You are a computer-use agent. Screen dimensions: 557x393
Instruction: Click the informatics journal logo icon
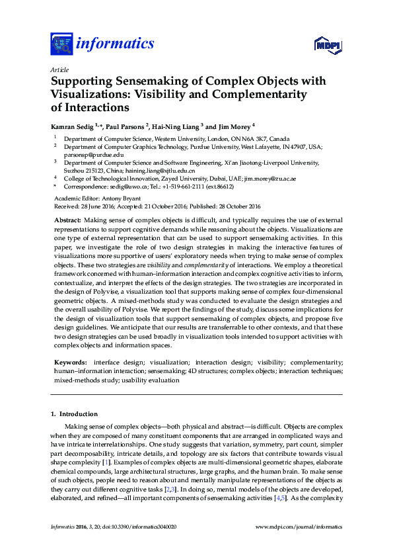click(x=61, y=44)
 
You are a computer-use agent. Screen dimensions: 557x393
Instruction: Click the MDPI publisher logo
click(x=328, y=45)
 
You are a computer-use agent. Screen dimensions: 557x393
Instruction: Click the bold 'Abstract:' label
click(x=67, y=219)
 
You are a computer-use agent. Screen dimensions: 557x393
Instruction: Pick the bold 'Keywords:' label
click(x=69, y=363)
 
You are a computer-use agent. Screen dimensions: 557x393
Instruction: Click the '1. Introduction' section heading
click(x=75, y=414)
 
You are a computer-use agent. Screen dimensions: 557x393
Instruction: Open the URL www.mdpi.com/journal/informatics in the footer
click(x=298, y=527)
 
